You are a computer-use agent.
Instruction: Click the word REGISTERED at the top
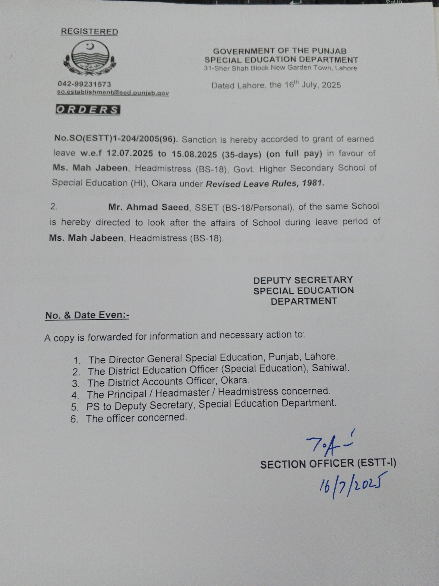[x=89, y=32]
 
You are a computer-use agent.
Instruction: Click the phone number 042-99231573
[x=84, y=84]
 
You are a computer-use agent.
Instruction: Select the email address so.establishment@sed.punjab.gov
[x=113, y=93]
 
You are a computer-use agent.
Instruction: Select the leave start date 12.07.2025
[x=130, y=153]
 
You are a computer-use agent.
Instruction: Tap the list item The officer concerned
[x=136, y=418]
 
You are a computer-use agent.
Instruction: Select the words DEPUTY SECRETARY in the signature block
[x=303, y=280]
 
